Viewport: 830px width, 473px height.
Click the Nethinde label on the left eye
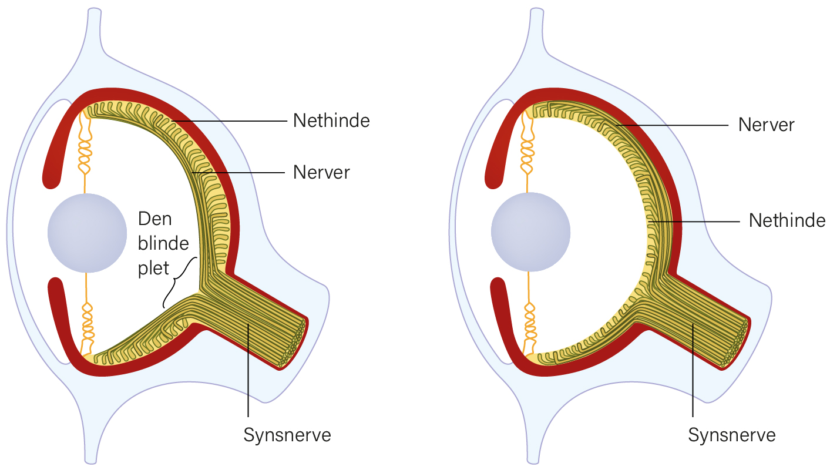coord(331,120)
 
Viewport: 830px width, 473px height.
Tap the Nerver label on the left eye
coord(321,172)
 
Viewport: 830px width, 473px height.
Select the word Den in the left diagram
coord(155,219)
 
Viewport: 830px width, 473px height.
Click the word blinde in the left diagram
coord(163,243)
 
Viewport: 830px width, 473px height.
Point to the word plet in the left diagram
coord(153,268)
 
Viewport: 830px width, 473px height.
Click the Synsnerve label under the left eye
coord(287,434)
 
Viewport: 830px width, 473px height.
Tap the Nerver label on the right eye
coord(767,125)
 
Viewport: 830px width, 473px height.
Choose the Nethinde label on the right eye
coord(787,220)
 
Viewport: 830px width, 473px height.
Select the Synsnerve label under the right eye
coord(732,434)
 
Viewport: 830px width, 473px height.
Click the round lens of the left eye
coord(87,233)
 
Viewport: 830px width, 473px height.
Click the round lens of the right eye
coord(530,232)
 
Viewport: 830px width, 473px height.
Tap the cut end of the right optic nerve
coord(736,343)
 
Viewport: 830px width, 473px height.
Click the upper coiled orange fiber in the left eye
coord(85,148)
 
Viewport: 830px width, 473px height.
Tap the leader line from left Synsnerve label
coord(248,370)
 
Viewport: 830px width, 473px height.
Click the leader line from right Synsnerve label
coord(693,370)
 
